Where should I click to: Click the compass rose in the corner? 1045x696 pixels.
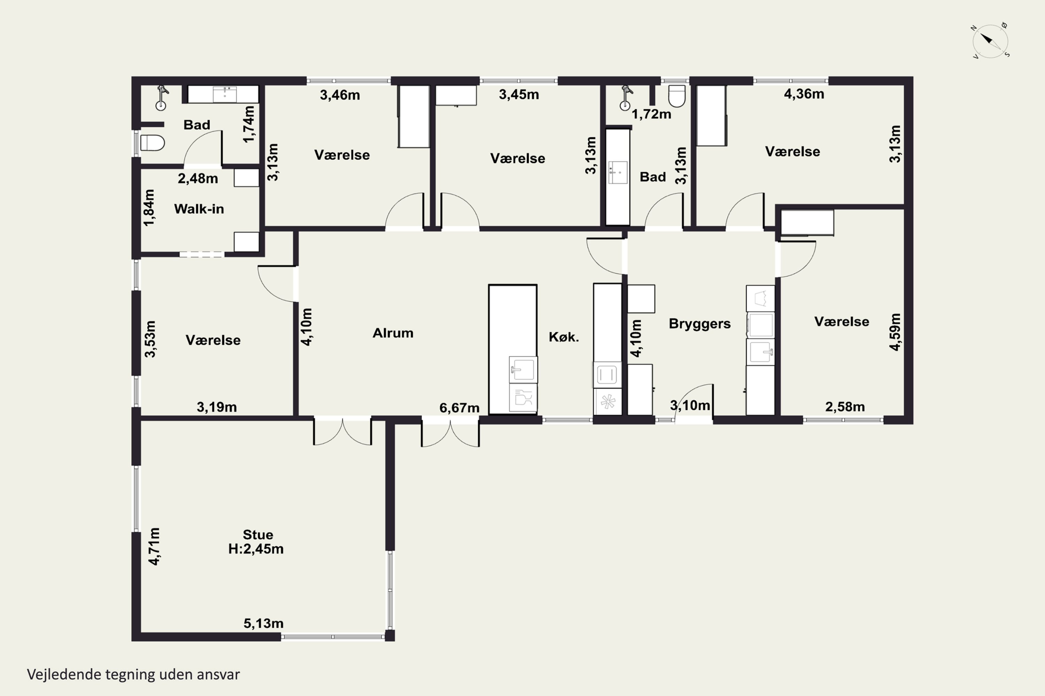pos(990,41)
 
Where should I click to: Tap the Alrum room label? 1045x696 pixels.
pos(393,333)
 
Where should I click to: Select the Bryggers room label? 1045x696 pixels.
pos(700,324)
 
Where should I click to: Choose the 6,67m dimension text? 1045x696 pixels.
pos(459,408)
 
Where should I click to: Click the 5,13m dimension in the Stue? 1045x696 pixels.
pos(263,623)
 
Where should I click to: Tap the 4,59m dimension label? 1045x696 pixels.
pos(895,332)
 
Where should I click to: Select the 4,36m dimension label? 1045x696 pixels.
pos(804,94)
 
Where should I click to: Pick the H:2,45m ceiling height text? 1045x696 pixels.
pos(256,549)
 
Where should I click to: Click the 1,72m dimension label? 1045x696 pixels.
pos(651,114)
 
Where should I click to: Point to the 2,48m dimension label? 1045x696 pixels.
pos(198,179)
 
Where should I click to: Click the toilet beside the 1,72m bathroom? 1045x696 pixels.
pos(677,96)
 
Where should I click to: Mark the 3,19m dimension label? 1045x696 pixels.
pos(217,407)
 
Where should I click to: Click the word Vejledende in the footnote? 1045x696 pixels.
pos(64,675)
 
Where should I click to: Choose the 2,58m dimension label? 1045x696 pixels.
pos(845,406)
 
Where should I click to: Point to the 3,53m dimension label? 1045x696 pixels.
pos(150,339)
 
